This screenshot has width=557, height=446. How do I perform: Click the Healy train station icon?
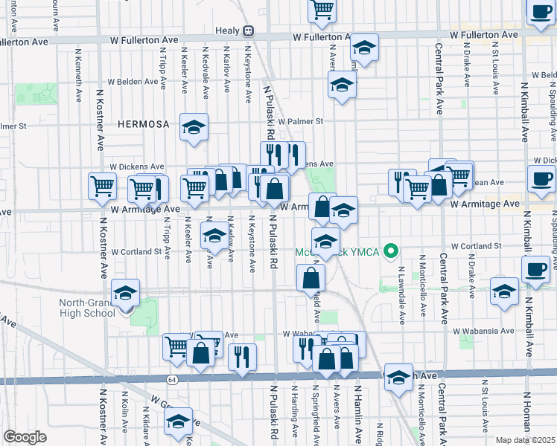pyautogui.click(x=249, y=32)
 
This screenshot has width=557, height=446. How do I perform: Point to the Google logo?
pyautogui.click(x=25, y=437)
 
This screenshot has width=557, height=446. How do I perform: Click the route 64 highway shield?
pyautogui.click(x=172, y=379)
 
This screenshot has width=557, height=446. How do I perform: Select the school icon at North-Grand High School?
pyautogui.click(x=125, y=292)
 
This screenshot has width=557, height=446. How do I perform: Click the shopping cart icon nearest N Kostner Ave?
pyautogui.click(x=102, y=186)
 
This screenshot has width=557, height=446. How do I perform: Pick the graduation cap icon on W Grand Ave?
pyautogui.click(x=179, y=421)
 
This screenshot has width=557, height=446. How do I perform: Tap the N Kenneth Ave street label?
pyautogui.click(x=78, y=75)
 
